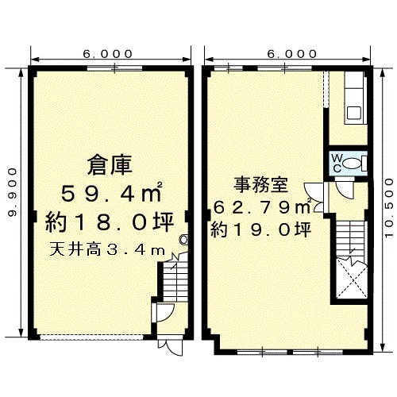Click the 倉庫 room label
click(110, 165)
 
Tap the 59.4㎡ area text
click(111, 192)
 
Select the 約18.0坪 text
click(110, 222)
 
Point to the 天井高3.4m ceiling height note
click(107, 250)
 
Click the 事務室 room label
click(260, 184)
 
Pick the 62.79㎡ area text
click(262, 206)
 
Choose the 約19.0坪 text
click(260, 229)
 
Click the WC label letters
click(337, 164)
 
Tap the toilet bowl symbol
click(353, 163)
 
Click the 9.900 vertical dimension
click(13, 192)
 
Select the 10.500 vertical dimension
click(389, 208)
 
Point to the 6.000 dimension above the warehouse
click(107, 54)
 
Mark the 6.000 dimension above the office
click(292, 54)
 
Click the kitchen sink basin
click(353, 113)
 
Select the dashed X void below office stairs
click(351, 280)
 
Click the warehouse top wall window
click(114, 68)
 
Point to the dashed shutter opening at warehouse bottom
click(91, 337)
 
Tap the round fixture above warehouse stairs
click(183, 240)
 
